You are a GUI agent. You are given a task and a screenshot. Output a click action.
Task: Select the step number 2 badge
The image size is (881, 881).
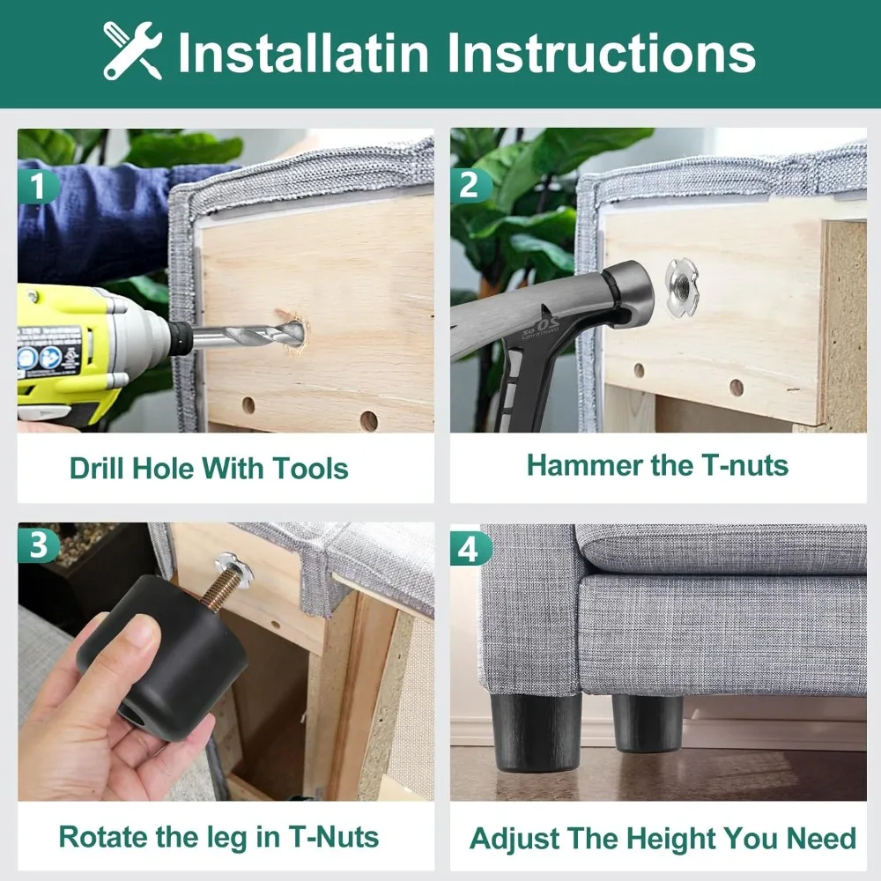[470, 185]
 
